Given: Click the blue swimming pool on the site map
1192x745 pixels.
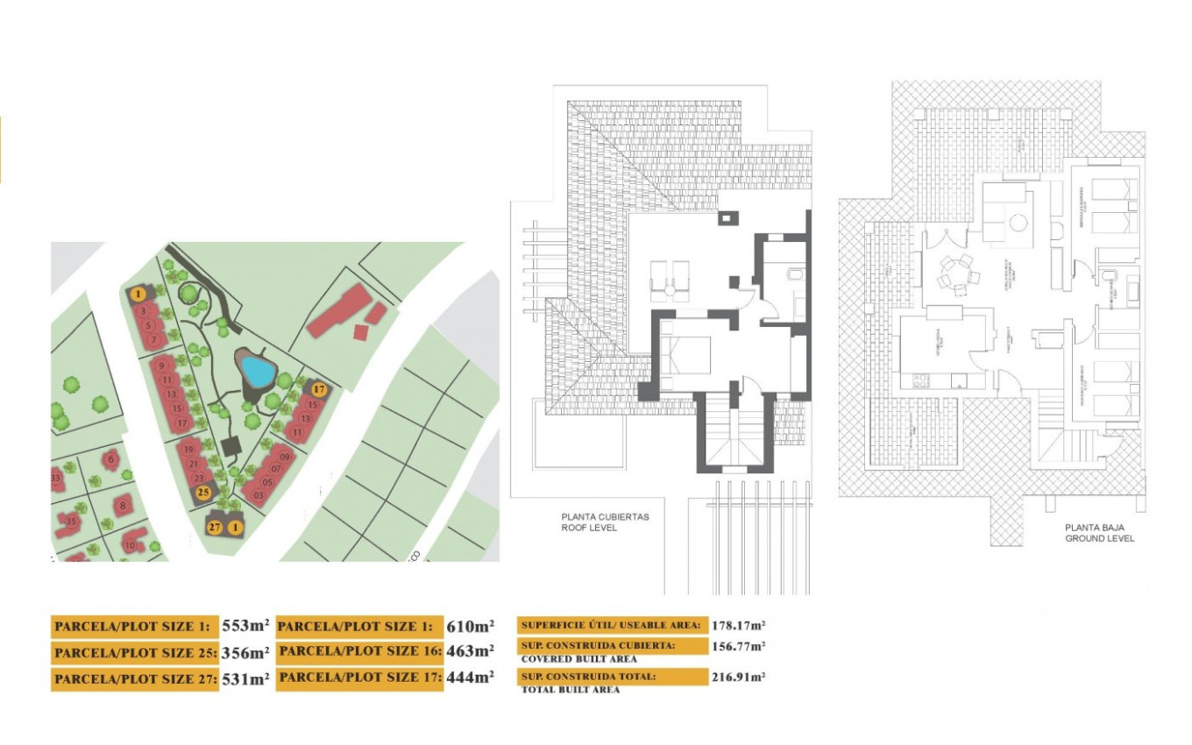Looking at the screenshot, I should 257,371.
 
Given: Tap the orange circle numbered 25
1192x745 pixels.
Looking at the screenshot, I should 202,493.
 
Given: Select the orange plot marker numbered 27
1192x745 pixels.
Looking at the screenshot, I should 215,527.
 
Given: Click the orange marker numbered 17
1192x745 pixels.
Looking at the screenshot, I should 319,389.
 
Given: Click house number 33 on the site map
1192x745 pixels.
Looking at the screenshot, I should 56,479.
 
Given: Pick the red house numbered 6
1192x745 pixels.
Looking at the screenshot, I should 110,458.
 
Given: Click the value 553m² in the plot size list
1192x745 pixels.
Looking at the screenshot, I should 246,626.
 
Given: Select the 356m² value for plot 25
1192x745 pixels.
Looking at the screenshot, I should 246,652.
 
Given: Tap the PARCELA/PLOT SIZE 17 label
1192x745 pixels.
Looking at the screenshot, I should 359,678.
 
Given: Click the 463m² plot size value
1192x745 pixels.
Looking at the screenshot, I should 471,652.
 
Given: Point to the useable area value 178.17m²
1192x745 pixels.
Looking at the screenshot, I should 739,625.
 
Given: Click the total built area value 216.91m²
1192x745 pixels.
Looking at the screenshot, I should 739,677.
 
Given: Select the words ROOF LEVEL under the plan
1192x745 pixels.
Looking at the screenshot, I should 589,529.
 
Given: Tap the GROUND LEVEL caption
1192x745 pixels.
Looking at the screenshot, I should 1099,538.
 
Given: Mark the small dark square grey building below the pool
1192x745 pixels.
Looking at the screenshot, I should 232,447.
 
